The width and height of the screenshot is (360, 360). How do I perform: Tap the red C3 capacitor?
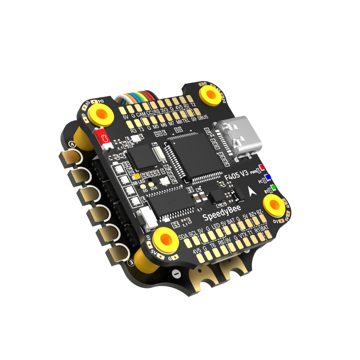click(105, 138)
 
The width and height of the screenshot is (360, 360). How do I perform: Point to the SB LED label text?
click(137, 182)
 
